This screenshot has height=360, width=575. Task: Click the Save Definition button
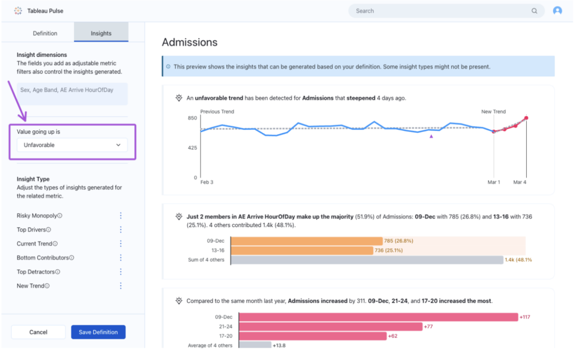click(98, 332)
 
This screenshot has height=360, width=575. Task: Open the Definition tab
click(45, 33)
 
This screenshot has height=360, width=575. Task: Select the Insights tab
click(101, 33)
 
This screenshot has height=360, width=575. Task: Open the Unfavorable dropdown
click(72, 145)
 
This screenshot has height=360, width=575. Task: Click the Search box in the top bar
click(444, 11)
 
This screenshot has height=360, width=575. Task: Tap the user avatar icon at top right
click(557, 11)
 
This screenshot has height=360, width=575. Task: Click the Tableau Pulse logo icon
click(18, 11)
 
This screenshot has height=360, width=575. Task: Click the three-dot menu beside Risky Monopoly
click(121, 216)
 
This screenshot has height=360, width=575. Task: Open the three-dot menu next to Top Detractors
click(121, 272)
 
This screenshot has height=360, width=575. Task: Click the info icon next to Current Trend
click(56, 244)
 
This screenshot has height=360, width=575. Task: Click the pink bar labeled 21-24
click(326, 326)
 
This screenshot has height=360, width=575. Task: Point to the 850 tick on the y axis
click(192, 118)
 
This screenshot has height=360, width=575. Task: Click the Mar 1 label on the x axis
click(494, 183)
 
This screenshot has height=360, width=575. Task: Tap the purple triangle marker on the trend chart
click(431, 136)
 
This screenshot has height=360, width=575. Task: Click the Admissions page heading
click(189, 42)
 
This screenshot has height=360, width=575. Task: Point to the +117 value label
click(524, 317)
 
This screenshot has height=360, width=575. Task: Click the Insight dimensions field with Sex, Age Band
click(72, 94)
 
